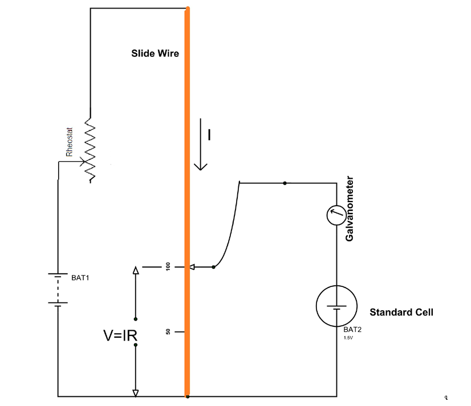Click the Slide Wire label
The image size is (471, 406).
(x=155, y=54)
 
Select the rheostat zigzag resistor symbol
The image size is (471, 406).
(x=90, y=151)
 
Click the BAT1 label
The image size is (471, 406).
(x=80, y=278)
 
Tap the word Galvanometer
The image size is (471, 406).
(x=351, y=208)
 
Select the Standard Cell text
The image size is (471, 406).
(x=401, y=312)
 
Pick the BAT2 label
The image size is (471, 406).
(x=351, y=330)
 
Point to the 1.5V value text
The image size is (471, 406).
(x=348, y=338)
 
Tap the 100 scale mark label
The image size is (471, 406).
(x=168, y=266)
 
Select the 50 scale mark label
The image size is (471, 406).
(x=168, y=331)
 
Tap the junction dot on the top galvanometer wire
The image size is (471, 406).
(x=285, y=183)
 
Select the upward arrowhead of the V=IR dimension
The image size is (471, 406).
(x=135, y=271)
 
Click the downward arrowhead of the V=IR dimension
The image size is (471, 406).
(x=135, y=392)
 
